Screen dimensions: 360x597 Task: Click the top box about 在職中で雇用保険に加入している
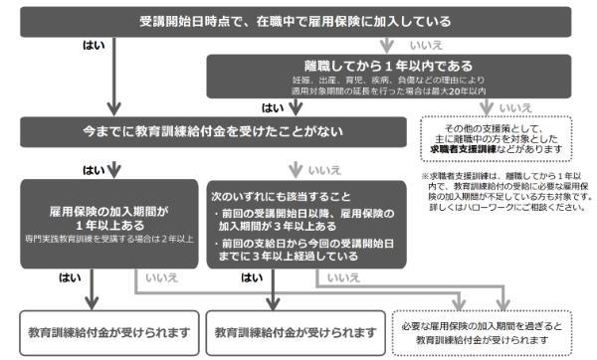(298, 21)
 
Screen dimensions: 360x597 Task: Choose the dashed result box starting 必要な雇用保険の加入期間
(502, 331)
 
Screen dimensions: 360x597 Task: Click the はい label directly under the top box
(95, 45)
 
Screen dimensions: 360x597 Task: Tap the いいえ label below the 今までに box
(324, 170)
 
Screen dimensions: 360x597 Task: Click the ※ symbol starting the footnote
(425, 176)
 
